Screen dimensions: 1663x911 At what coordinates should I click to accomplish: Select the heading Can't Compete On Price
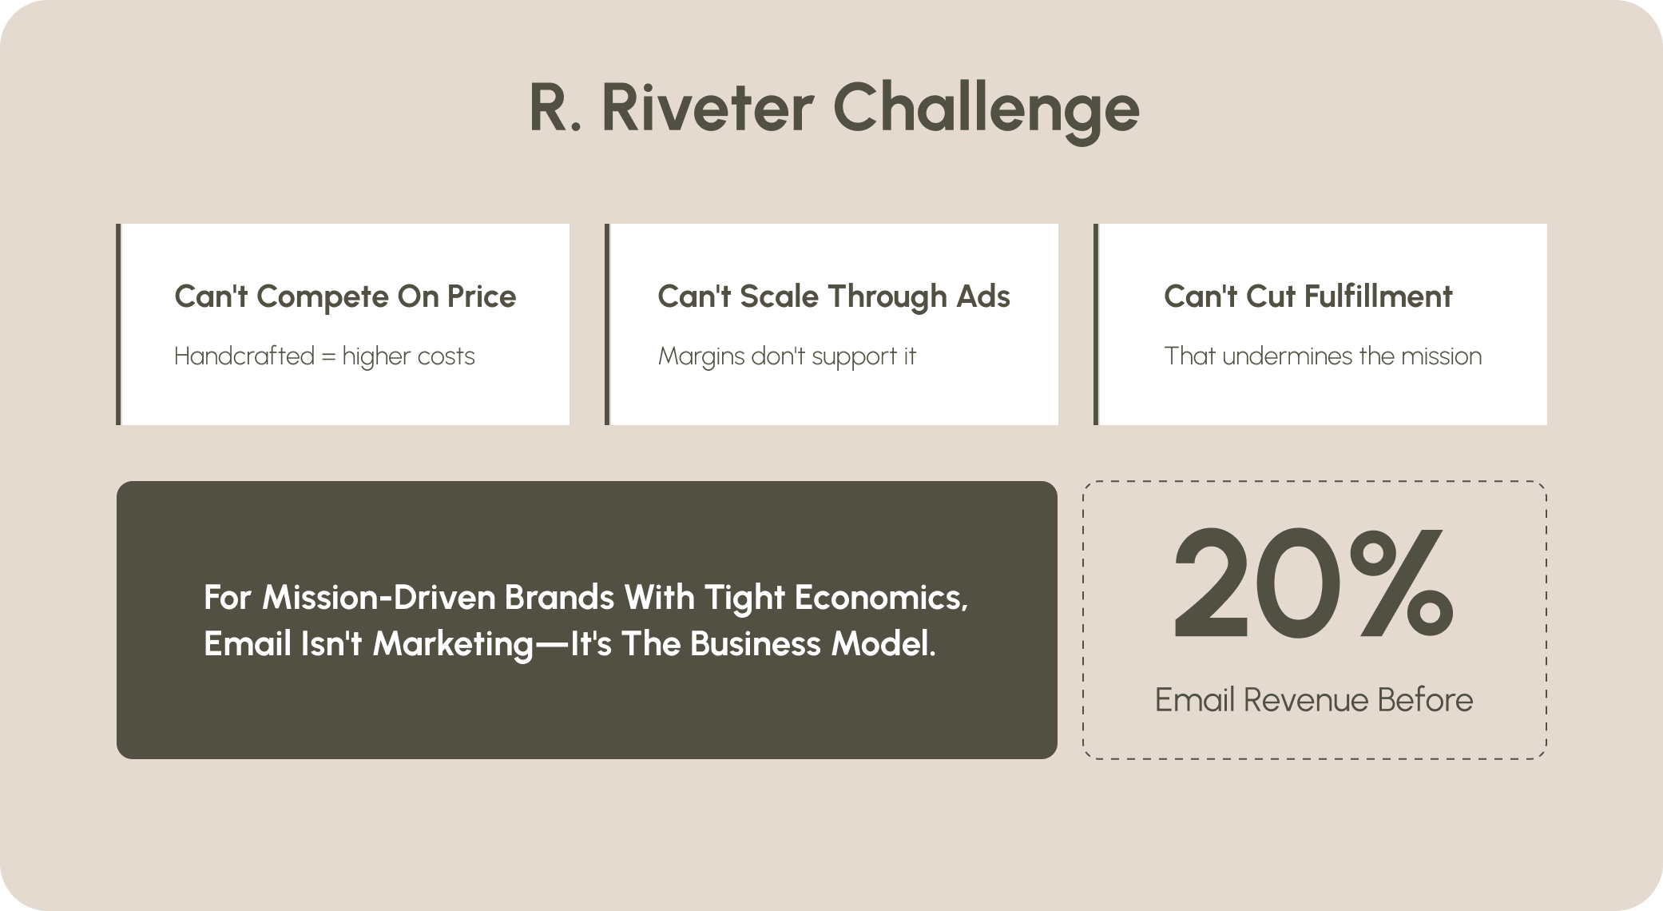tap(345, 296)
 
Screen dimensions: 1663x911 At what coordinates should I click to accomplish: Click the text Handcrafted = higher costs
tap(324, 356)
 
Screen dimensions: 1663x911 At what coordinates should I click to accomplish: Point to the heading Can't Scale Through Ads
tap(834, 296)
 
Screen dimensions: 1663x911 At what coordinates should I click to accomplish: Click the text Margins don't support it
tap(787, 356)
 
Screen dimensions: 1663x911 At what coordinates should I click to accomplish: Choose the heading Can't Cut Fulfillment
tap(1308, 296)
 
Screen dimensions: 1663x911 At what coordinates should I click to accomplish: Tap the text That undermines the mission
tap(1323, 356)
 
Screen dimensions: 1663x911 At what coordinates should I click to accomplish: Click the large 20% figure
tap(1312, 583)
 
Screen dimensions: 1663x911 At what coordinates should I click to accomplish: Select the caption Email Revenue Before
tap(1314, 700)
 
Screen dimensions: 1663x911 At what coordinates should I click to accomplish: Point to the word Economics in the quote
tap(881, 599)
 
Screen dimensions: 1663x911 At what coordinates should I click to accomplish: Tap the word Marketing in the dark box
tap(453, 645)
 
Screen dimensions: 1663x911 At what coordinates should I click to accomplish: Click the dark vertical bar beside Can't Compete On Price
tap(118, 324)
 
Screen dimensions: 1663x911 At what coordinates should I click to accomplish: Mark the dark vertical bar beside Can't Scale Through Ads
tap(607, 324)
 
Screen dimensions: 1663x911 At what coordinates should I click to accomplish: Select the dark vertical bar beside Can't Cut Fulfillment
tap(1096, 324)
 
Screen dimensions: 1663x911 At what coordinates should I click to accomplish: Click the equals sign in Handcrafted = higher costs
tap(328, 357)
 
